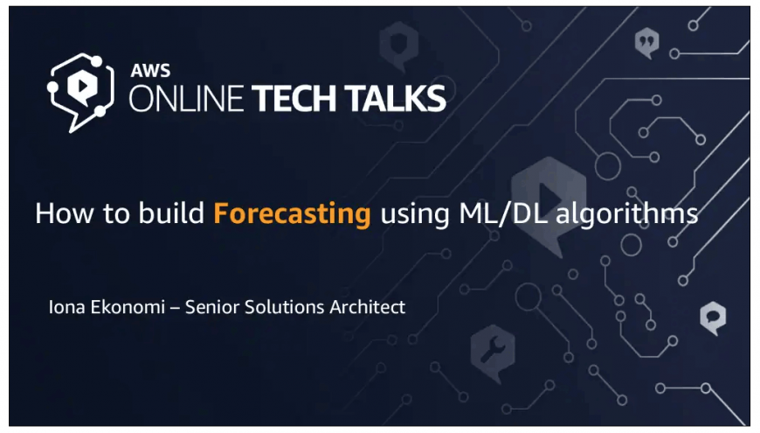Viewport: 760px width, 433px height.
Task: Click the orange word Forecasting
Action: (292, 214)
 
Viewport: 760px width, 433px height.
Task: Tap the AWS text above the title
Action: (150, 71)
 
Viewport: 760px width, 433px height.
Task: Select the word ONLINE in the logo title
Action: (186, 99)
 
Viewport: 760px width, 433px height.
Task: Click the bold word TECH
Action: (294, 99)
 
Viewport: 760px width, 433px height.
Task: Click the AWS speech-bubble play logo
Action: (81, 92)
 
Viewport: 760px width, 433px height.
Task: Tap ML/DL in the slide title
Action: (502, 213)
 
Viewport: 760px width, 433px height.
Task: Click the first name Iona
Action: (67, 307)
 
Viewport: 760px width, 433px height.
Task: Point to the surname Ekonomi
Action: (128, 307)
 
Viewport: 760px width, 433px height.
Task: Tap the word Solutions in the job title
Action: (284, 307)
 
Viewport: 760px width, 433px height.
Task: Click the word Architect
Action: (368, 307)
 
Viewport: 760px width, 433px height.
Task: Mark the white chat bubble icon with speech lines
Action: (713, 318)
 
